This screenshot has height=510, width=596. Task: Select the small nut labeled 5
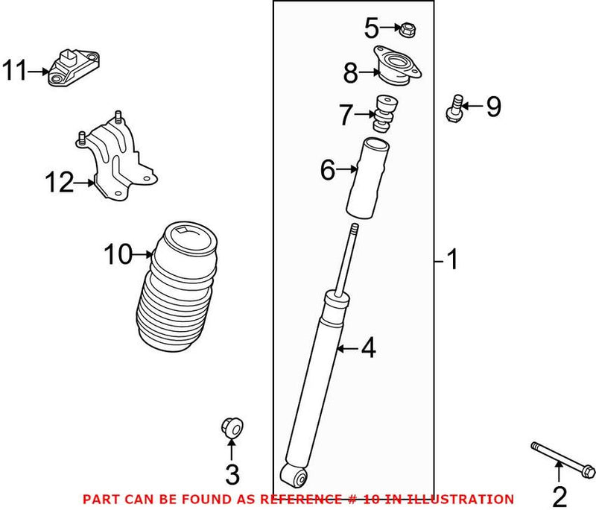[408, 31]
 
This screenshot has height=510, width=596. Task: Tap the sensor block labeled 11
[75, 66]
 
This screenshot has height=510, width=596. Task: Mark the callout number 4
[368, 348]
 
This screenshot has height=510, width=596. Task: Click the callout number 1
[451, 260]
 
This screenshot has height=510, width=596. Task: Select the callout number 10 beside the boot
[117, 255]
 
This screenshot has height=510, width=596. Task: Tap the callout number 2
[559, 494]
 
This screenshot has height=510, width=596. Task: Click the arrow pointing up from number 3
[231, 450]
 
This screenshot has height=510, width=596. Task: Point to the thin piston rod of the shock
[346, 261]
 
